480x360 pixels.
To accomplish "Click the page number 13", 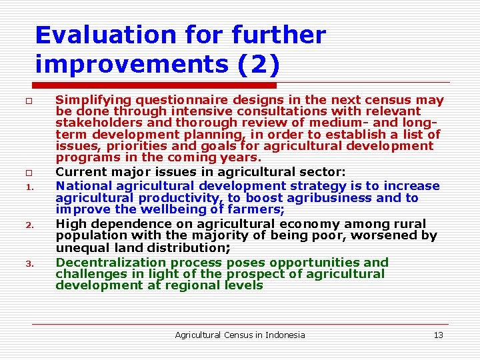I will pos(438,335).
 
